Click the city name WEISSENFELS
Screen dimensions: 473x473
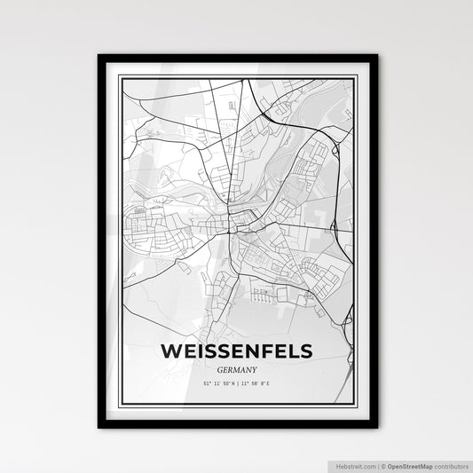coord(237,351)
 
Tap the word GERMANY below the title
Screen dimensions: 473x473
coord(237,370)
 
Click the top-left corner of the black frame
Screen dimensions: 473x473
coord(99,56)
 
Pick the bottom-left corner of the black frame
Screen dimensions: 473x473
coord(99,427)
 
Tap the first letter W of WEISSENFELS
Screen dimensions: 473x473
coord(171,351)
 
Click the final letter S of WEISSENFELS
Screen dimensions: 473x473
coord(306,351)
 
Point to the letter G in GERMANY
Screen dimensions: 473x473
coord(219,370)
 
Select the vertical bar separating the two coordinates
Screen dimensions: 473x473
coord(237,382)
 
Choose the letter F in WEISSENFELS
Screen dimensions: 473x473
coord(264,351)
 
